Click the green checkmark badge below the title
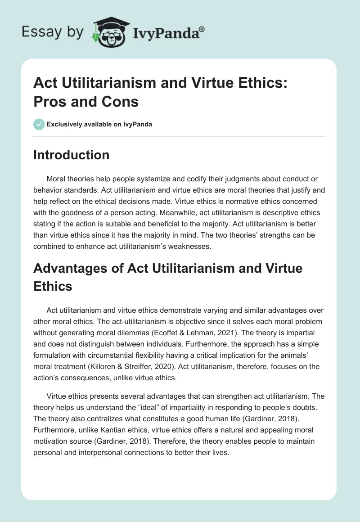click(x=39, y=124)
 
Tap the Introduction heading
click(x=72, y=155)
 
